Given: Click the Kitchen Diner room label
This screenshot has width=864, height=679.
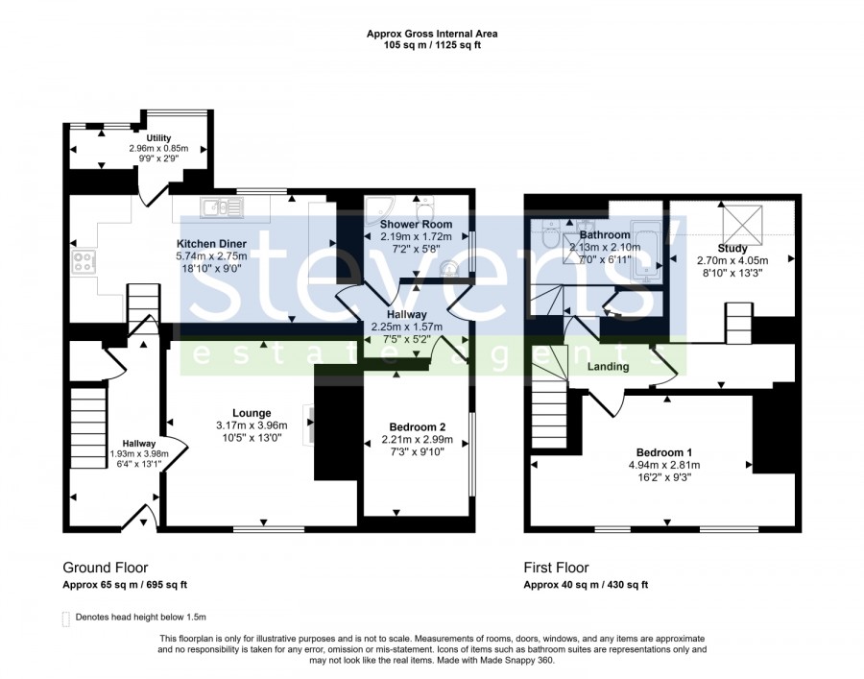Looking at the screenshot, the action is (x=211, y=244).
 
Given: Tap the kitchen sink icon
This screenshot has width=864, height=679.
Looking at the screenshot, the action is (x=222, y=207).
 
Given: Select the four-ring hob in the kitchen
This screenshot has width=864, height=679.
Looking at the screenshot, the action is (x=84, y=261).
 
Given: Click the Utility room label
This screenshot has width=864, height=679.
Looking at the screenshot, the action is (x=158, y=137).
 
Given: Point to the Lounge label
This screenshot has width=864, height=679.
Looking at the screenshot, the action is (x=252, y=413).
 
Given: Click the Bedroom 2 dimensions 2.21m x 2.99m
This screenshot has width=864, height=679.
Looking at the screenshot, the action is (x=418, y=440).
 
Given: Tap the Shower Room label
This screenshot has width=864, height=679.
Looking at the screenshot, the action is (x=416, y=225).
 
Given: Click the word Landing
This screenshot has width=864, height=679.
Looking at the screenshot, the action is (x=608, y=367).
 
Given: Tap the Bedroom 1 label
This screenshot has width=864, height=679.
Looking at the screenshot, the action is (x=664, y=453).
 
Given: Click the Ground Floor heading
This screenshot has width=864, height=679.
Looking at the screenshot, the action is (x=106, y=568).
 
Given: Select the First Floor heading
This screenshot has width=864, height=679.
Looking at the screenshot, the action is (x=556, y=568).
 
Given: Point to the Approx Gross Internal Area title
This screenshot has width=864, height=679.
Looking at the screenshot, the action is (x=432, y=34).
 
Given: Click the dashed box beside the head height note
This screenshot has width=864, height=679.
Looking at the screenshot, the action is (x=66, y=618).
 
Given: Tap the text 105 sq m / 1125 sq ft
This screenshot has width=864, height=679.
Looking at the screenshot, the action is (x=432, y=45).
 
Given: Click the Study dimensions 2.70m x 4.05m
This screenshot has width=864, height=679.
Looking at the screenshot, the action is (x=732, y=260).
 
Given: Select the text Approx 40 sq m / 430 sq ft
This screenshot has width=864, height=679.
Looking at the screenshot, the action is (x=586, y=585).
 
